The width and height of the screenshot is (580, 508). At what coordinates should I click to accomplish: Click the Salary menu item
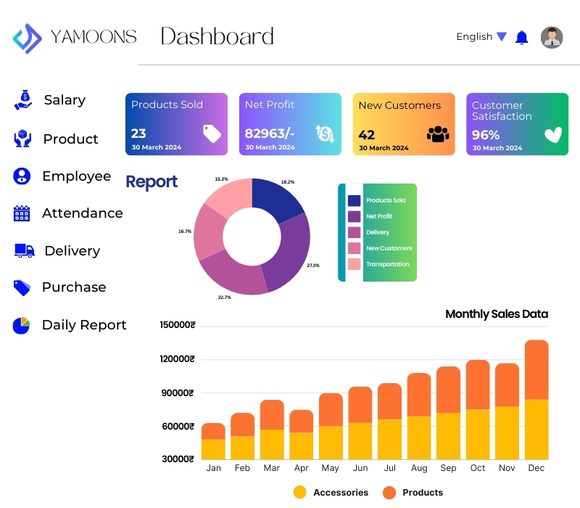tap(64, 100)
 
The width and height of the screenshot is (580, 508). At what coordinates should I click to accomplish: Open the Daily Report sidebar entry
tap(83, 325)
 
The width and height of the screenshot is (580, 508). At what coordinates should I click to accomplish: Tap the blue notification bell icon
tap(521, 37)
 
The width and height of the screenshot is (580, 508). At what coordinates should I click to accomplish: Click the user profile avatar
tap(552, 37)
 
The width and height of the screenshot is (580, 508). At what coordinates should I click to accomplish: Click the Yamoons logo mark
tap(28, 38)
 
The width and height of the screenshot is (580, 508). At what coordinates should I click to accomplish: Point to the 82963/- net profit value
tap(270, 134)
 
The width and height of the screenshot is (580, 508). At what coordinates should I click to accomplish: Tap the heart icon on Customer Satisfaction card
tap(553, 134)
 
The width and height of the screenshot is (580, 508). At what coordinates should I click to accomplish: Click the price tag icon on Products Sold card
tap(212, 133)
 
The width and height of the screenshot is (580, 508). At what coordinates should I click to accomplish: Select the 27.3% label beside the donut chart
tap(313, 266)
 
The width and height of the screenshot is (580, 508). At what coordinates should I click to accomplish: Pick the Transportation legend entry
tap(387, 264)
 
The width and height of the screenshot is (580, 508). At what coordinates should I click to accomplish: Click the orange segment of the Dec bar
tap(536, 369)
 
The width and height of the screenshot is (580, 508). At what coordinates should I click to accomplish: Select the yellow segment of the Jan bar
tap(213, 449)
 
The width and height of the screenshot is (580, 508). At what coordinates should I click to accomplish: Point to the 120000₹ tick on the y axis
tap(178, 359)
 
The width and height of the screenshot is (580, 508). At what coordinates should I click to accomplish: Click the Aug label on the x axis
tap(419, 468)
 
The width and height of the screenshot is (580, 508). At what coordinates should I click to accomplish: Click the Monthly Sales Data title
tap(497, 314)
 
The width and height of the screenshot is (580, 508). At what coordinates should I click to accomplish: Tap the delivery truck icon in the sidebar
tap(25, 250)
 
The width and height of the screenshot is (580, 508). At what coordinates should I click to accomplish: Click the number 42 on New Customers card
tap(366, 134)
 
